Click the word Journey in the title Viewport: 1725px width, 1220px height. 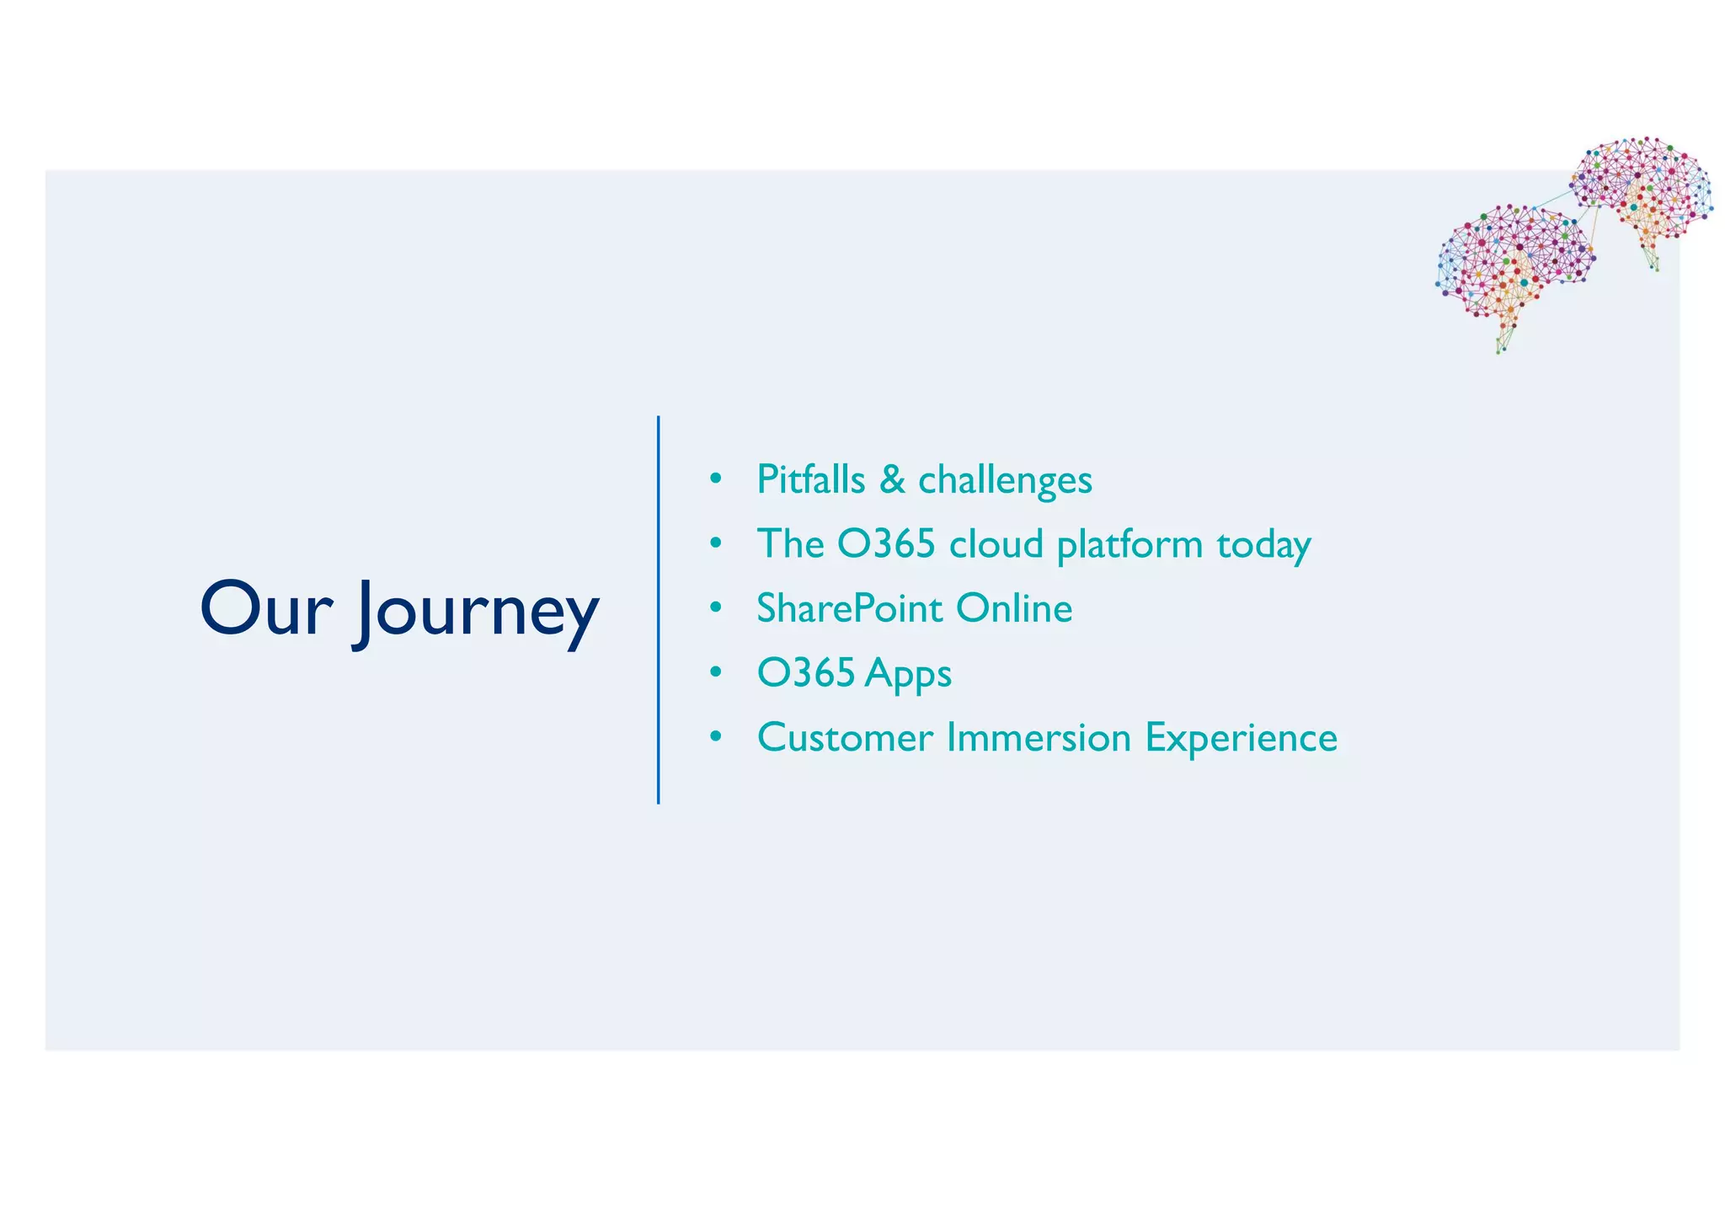[x=476, y=613]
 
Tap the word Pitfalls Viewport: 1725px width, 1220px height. [x=810, y=479]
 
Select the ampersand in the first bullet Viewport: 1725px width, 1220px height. [x=892, y=479]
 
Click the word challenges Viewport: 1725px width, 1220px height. [x=1005, y=481]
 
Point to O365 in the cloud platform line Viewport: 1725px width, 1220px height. [x=886, y=544]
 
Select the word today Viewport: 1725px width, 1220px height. [x=1263, y=546]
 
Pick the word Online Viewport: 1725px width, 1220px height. [x=1014, y=608]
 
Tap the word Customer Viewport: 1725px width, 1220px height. [x=845, y=738]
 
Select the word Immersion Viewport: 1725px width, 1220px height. [x=1039, y=738]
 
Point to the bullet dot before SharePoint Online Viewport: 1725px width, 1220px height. [x=716, y=608]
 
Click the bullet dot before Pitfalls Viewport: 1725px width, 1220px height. [x=716, y=479]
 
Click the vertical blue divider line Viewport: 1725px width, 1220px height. [x=658, y=609]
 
